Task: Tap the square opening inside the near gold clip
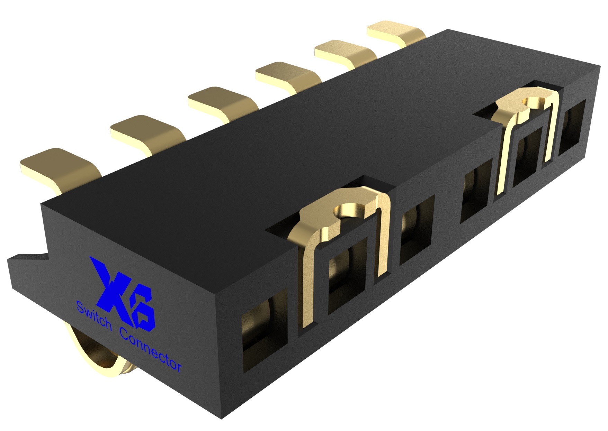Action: [346, 273]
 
